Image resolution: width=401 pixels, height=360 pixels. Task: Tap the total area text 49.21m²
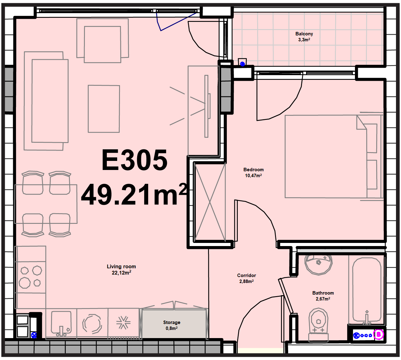coord(134,194)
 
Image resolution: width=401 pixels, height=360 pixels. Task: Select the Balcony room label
coord(304,34)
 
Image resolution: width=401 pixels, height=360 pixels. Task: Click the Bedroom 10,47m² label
coord(253,172)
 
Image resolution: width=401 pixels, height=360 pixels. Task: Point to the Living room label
coord(121,266)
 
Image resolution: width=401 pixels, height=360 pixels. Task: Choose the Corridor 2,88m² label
coord(247,278)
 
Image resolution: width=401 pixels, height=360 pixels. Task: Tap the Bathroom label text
coord(323,293)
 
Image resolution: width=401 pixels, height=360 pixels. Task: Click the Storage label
coord(172,322)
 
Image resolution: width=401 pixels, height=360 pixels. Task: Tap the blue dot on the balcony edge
coord(242,64)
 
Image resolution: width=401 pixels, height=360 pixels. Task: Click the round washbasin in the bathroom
coord(318,265)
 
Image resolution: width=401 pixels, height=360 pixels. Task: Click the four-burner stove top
coord(30,277)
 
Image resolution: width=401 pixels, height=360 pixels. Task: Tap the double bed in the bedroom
coord(334,156)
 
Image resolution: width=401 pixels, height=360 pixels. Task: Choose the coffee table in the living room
coord(104,109)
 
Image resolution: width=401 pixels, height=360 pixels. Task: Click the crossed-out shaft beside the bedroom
coord(210,202)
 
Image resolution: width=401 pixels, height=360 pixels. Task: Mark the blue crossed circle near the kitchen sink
coord(34,335)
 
